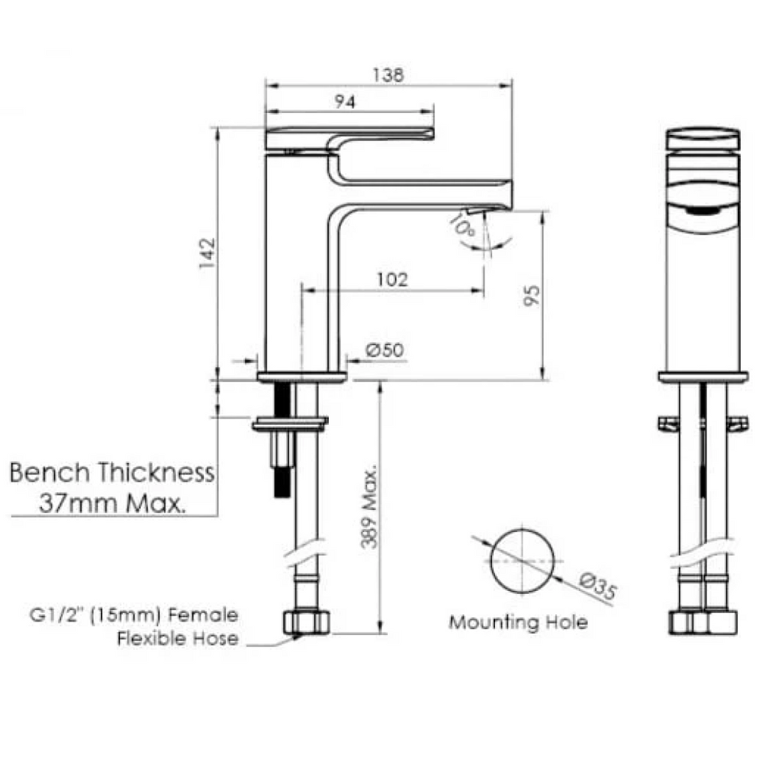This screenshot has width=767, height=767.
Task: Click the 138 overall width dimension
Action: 389,75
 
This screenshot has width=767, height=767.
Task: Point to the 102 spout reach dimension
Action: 392,279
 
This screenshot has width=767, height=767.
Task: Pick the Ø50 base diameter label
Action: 385,350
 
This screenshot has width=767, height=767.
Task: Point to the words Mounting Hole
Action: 518,622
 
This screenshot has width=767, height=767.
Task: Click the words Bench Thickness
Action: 112,473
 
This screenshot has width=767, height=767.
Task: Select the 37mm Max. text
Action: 112,503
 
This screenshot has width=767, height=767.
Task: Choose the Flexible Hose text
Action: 178,638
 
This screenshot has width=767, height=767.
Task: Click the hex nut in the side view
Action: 307,622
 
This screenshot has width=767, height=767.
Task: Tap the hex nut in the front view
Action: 702,622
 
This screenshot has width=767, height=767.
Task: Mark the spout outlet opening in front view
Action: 702,212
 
